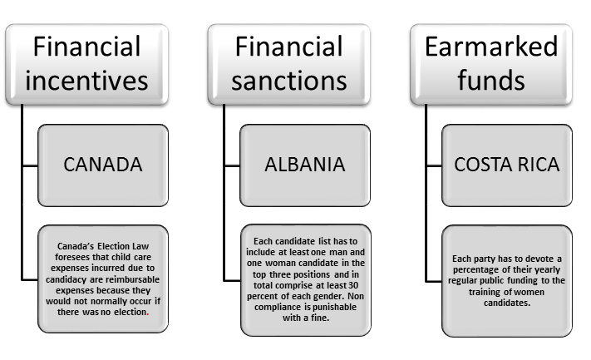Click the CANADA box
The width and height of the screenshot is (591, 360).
103,164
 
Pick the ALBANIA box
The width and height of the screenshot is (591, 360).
304,164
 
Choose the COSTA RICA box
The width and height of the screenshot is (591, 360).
507,164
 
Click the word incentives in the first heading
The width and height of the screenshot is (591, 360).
87,81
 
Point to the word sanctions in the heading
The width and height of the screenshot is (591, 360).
289,81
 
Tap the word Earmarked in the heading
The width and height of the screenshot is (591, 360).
491,47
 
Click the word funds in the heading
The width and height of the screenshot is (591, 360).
491,81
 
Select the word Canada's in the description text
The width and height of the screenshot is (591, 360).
76,246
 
